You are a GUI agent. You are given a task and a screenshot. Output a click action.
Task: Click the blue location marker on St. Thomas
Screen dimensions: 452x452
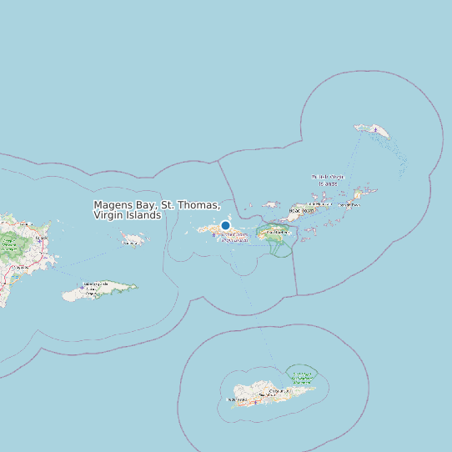[x=225, y=225]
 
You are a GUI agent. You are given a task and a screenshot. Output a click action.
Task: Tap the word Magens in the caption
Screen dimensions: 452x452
[x=114, y=205]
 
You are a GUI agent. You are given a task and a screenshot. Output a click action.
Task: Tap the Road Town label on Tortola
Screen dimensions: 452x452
[x=302, y=210]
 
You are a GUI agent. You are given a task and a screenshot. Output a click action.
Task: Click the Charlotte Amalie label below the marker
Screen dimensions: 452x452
[x=234, y=237]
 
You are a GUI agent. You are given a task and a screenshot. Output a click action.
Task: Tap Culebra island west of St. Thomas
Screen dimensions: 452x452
[x=133, y=239]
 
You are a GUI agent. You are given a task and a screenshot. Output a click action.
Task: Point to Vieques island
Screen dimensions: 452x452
[x=100, y=289]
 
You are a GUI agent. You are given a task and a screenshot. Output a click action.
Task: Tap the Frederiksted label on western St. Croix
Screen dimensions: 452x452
[x=237, y=399]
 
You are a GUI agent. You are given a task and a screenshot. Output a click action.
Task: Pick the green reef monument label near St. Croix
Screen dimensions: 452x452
[x=301, y=378]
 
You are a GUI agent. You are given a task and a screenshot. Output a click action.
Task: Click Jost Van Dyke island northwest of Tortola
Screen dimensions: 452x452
[x=270, y=204]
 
